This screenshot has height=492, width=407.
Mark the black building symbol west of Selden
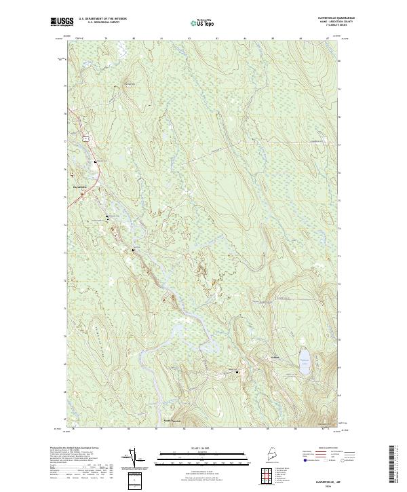pyautogui.click(x=237, y=372)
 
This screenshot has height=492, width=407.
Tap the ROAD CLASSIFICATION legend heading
pyautogui.click(x=327, y=449)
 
